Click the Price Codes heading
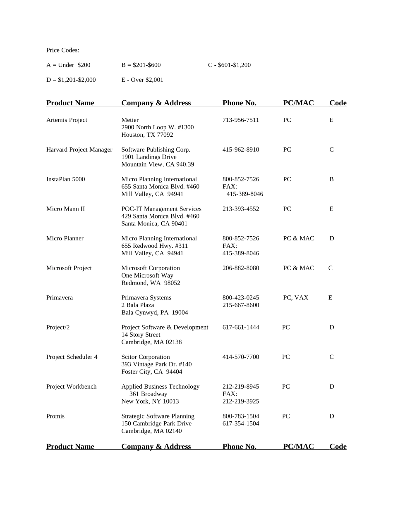point(62,50)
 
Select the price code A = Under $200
point(68,65)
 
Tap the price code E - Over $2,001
point(142,80)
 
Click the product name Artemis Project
point(67,120)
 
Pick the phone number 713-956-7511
point(241,120)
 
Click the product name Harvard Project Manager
point(79,150)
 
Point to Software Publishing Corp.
point(156,150)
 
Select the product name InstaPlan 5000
point(65,180)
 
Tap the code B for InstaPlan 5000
point(331,180)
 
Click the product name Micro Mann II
point(65,209)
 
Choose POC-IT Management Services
point(161,209)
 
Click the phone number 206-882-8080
point(241,268)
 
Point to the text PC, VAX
point(296,298)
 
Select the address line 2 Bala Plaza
point(138,305)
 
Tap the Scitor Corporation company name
point(146,357)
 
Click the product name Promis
point(55,416)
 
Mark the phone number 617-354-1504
point(241,424)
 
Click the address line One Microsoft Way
point(147,276)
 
